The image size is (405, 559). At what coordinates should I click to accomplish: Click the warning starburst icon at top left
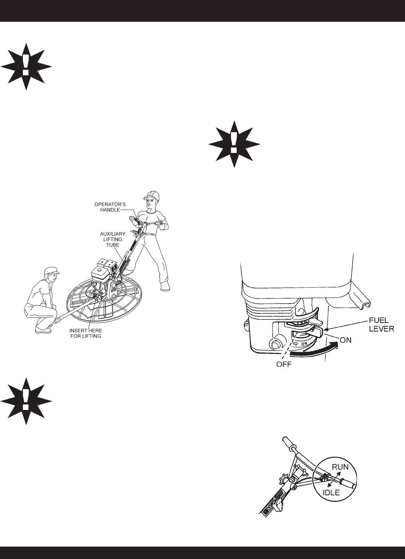click(x=26, y=66)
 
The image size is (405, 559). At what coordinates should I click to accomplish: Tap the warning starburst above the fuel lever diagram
click(x=234, y=144)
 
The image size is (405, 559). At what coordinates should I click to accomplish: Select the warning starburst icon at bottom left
click(x=26, y=401)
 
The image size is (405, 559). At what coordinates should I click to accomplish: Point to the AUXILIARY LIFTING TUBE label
click(x=112, y=240)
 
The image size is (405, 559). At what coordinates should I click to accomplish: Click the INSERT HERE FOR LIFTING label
click(x=85, y=333)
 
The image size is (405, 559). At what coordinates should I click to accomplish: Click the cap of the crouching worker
click(x=51, y=270)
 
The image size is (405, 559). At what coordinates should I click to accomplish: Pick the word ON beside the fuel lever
click(x=345, y=340)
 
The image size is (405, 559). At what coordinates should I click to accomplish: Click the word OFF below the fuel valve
click(x=284, y=365)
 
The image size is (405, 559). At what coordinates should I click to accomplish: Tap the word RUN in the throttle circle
click(x=340, y=467)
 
